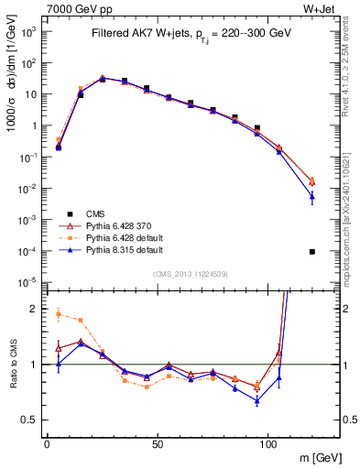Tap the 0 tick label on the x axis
click(47, 443)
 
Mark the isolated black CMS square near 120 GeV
click(312, 252)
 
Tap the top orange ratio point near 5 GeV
click(59, 314)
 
